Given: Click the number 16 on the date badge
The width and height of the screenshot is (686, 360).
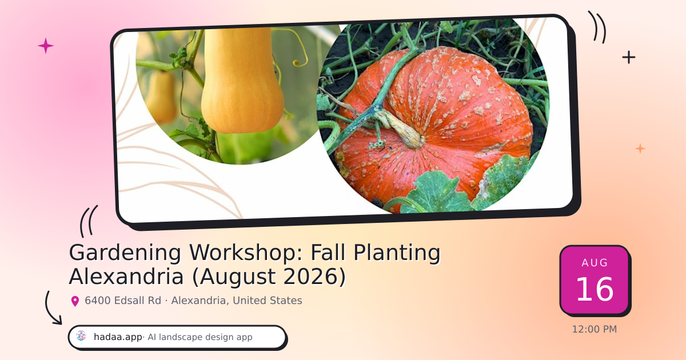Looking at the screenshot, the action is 595,289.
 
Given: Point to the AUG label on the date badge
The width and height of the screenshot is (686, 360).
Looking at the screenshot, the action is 595,263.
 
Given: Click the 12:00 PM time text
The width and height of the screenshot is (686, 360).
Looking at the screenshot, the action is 595,329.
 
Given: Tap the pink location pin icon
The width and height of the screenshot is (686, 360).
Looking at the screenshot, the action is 75,301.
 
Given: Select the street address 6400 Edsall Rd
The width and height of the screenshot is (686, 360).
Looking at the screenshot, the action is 123,301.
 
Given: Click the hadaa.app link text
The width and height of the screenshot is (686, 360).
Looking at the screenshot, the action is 118,337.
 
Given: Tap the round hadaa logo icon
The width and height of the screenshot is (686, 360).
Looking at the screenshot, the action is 81,337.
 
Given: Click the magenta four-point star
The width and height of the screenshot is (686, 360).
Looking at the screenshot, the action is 46,46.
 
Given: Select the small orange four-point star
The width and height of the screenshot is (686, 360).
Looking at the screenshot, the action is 640,149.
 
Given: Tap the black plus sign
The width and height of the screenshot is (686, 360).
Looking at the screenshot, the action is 629,57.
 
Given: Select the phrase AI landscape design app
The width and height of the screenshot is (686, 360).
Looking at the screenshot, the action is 200,337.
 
